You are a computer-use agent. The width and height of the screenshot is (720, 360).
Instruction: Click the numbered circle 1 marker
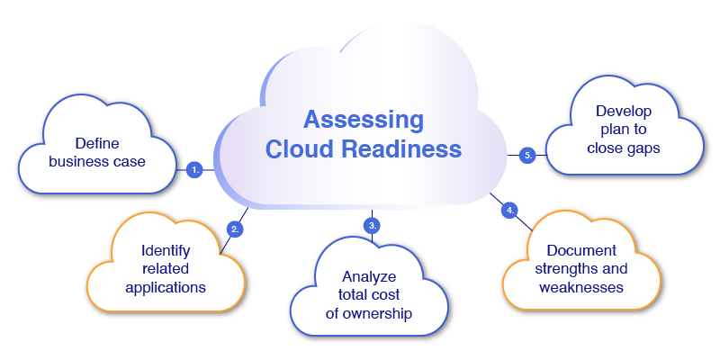pyautogui.click(x=194, y=168)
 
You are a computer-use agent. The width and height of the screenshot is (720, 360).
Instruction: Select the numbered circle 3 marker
pyautogui.click(x=371, y=224)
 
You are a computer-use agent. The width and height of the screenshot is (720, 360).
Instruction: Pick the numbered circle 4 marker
pyautogui.click(x=510, y=210)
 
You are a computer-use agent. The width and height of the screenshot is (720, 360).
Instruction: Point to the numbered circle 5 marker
pyautogui.click(x=528, y=156)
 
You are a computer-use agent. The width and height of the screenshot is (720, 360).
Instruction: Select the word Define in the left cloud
pyautogui.click(x=97, y=143)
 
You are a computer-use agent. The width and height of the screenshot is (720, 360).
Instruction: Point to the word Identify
pyautogui.click(x=166, y=250)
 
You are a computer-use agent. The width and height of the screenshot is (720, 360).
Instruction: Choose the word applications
pyautogui.click(x=166, y=288)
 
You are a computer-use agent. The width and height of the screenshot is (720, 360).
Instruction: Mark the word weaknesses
pyautogui.click(x=581, y=287)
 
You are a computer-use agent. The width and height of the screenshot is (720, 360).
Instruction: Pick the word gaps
pyautogui.click(x=641, y=148)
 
